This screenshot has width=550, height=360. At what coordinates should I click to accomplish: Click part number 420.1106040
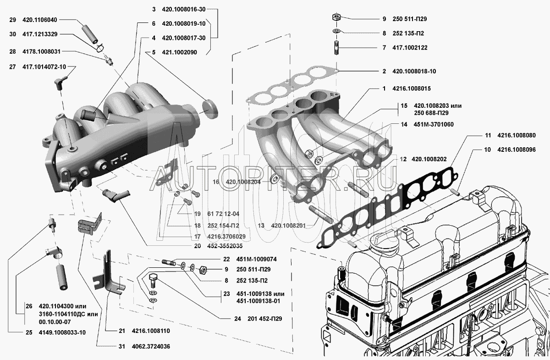tap(40, 20)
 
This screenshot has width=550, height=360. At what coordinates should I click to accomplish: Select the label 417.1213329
tap(40, 34)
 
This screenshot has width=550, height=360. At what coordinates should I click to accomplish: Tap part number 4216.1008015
tap(412, 89)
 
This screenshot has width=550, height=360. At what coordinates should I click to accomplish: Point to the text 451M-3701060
tap(434, 125)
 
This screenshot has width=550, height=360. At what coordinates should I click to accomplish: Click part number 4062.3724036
tap(151, 347)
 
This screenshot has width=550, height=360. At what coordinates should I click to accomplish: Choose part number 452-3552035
tap(225, 246)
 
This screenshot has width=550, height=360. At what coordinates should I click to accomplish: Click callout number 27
tap(12, 67)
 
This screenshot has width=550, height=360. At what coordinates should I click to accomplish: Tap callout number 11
tap(488, 135)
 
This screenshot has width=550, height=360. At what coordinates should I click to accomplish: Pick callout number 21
tap(122, 331)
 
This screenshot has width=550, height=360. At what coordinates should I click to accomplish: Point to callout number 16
tap(215, 182)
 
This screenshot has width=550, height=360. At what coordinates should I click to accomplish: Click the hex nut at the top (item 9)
tap(336, 17)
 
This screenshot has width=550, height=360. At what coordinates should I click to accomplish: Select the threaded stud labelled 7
tap(336, 48)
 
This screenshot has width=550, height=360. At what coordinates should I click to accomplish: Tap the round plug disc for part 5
tap(210, 109)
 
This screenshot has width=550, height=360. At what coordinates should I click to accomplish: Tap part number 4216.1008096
tap(517, 150)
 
